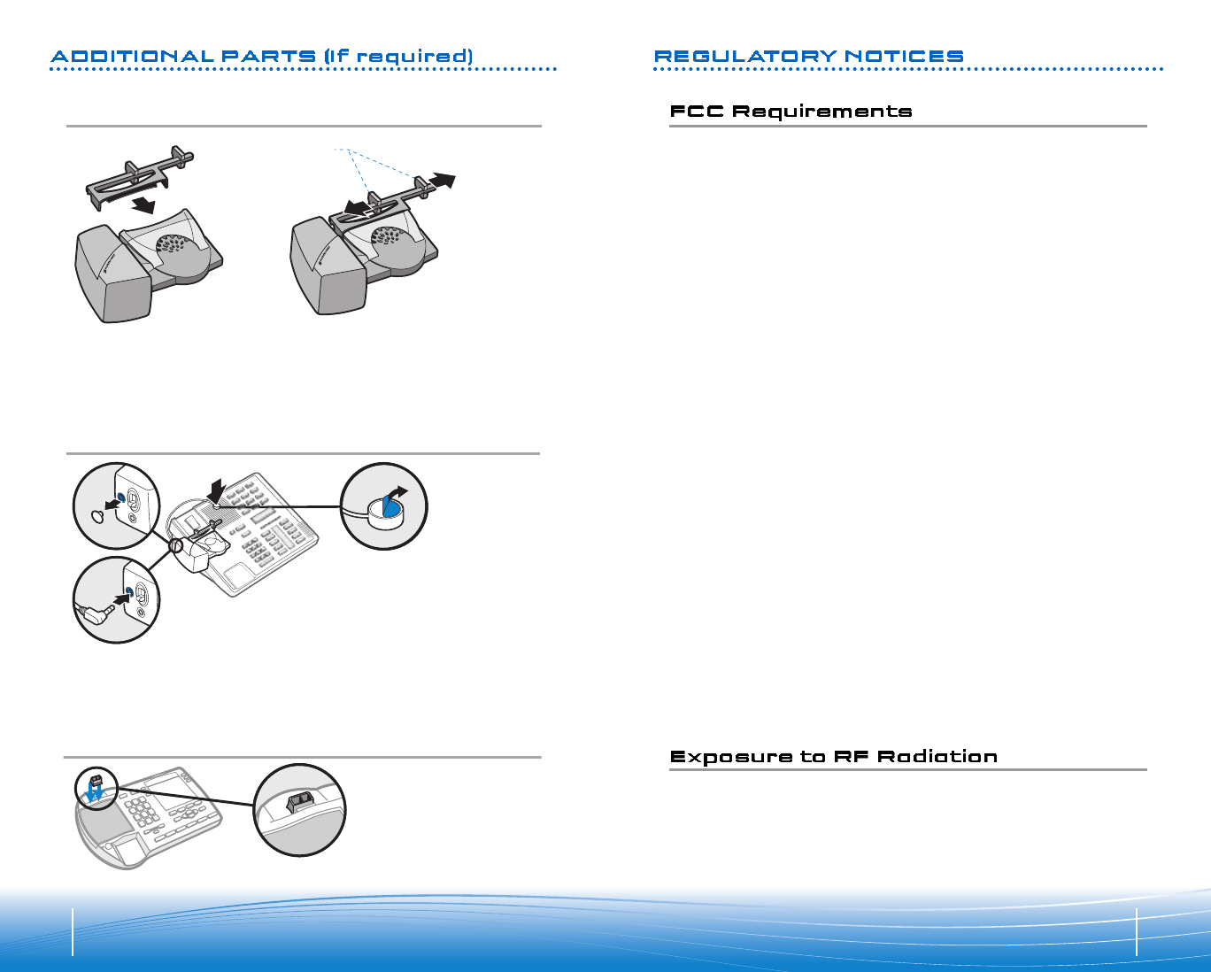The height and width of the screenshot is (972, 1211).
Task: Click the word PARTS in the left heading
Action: [x=268, y=57]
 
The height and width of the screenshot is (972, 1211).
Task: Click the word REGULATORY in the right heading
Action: [x=744, y=57]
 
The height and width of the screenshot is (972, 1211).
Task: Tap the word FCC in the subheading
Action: [x=697, y=112]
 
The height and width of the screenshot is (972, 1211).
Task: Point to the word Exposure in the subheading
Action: [x=731, y=757]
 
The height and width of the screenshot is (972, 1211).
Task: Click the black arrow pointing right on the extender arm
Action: [x=442, y=181]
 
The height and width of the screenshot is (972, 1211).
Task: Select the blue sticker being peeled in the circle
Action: [x=384, y=507]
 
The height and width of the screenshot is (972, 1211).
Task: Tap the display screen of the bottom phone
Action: [x=164, y=783]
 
